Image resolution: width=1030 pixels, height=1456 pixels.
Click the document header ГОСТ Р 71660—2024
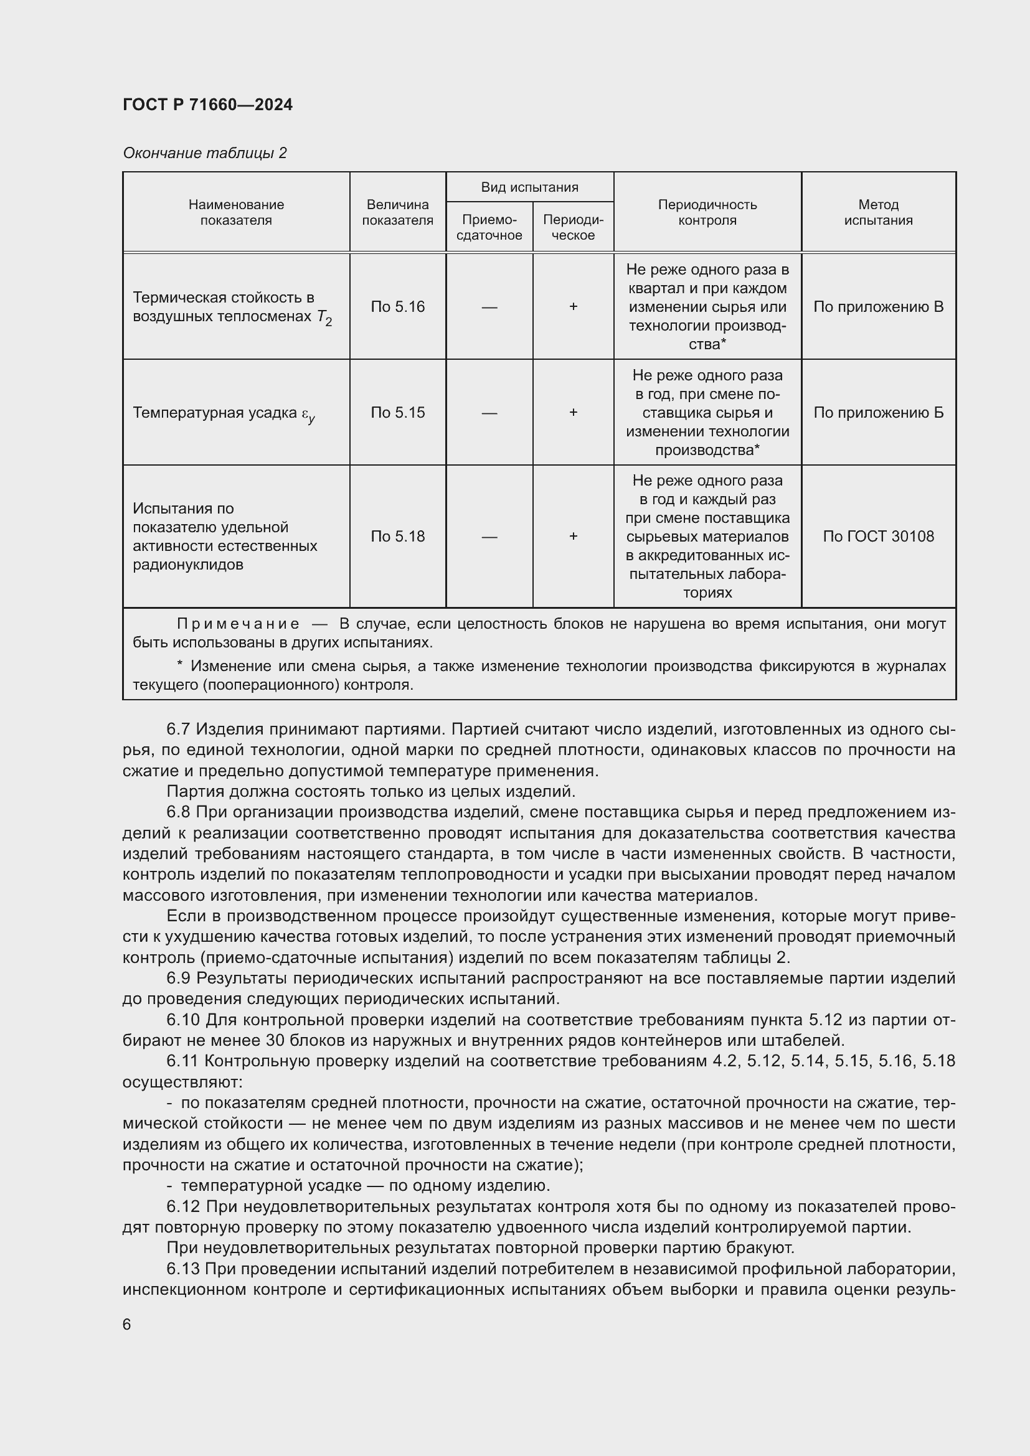[207, 105]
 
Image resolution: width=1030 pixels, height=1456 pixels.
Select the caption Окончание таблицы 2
[204, 153]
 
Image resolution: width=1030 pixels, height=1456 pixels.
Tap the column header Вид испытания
[529, 187]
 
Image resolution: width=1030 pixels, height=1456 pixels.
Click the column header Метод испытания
[878, 212]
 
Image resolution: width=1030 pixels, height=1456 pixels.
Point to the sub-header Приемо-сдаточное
[489, 227]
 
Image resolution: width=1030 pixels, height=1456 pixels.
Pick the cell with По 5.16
[397, 307]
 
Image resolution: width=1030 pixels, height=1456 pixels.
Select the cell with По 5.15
[397, 413]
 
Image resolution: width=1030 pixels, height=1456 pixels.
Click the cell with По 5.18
[397, 537]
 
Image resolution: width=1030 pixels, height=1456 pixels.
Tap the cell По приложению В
[878, 307]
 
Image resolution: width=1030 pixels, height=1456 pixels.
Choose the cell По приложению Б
[878, 413]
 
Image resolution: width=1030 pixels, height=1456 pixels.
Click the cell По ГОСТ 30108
[878, 537]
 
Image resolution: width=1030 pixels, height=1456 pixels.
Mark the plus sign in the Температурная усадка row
[573, 413]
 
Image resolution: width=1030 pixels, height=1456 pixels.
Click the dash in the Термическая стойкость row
[489, 307]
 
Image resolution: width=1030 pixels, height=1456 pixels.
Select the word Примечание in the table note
[238, 624]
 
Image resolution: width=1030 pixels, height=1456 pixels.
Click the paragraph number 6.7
[179, 730]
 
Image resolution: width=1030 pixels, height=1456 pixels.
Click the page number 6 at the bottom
[127, 1325]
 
